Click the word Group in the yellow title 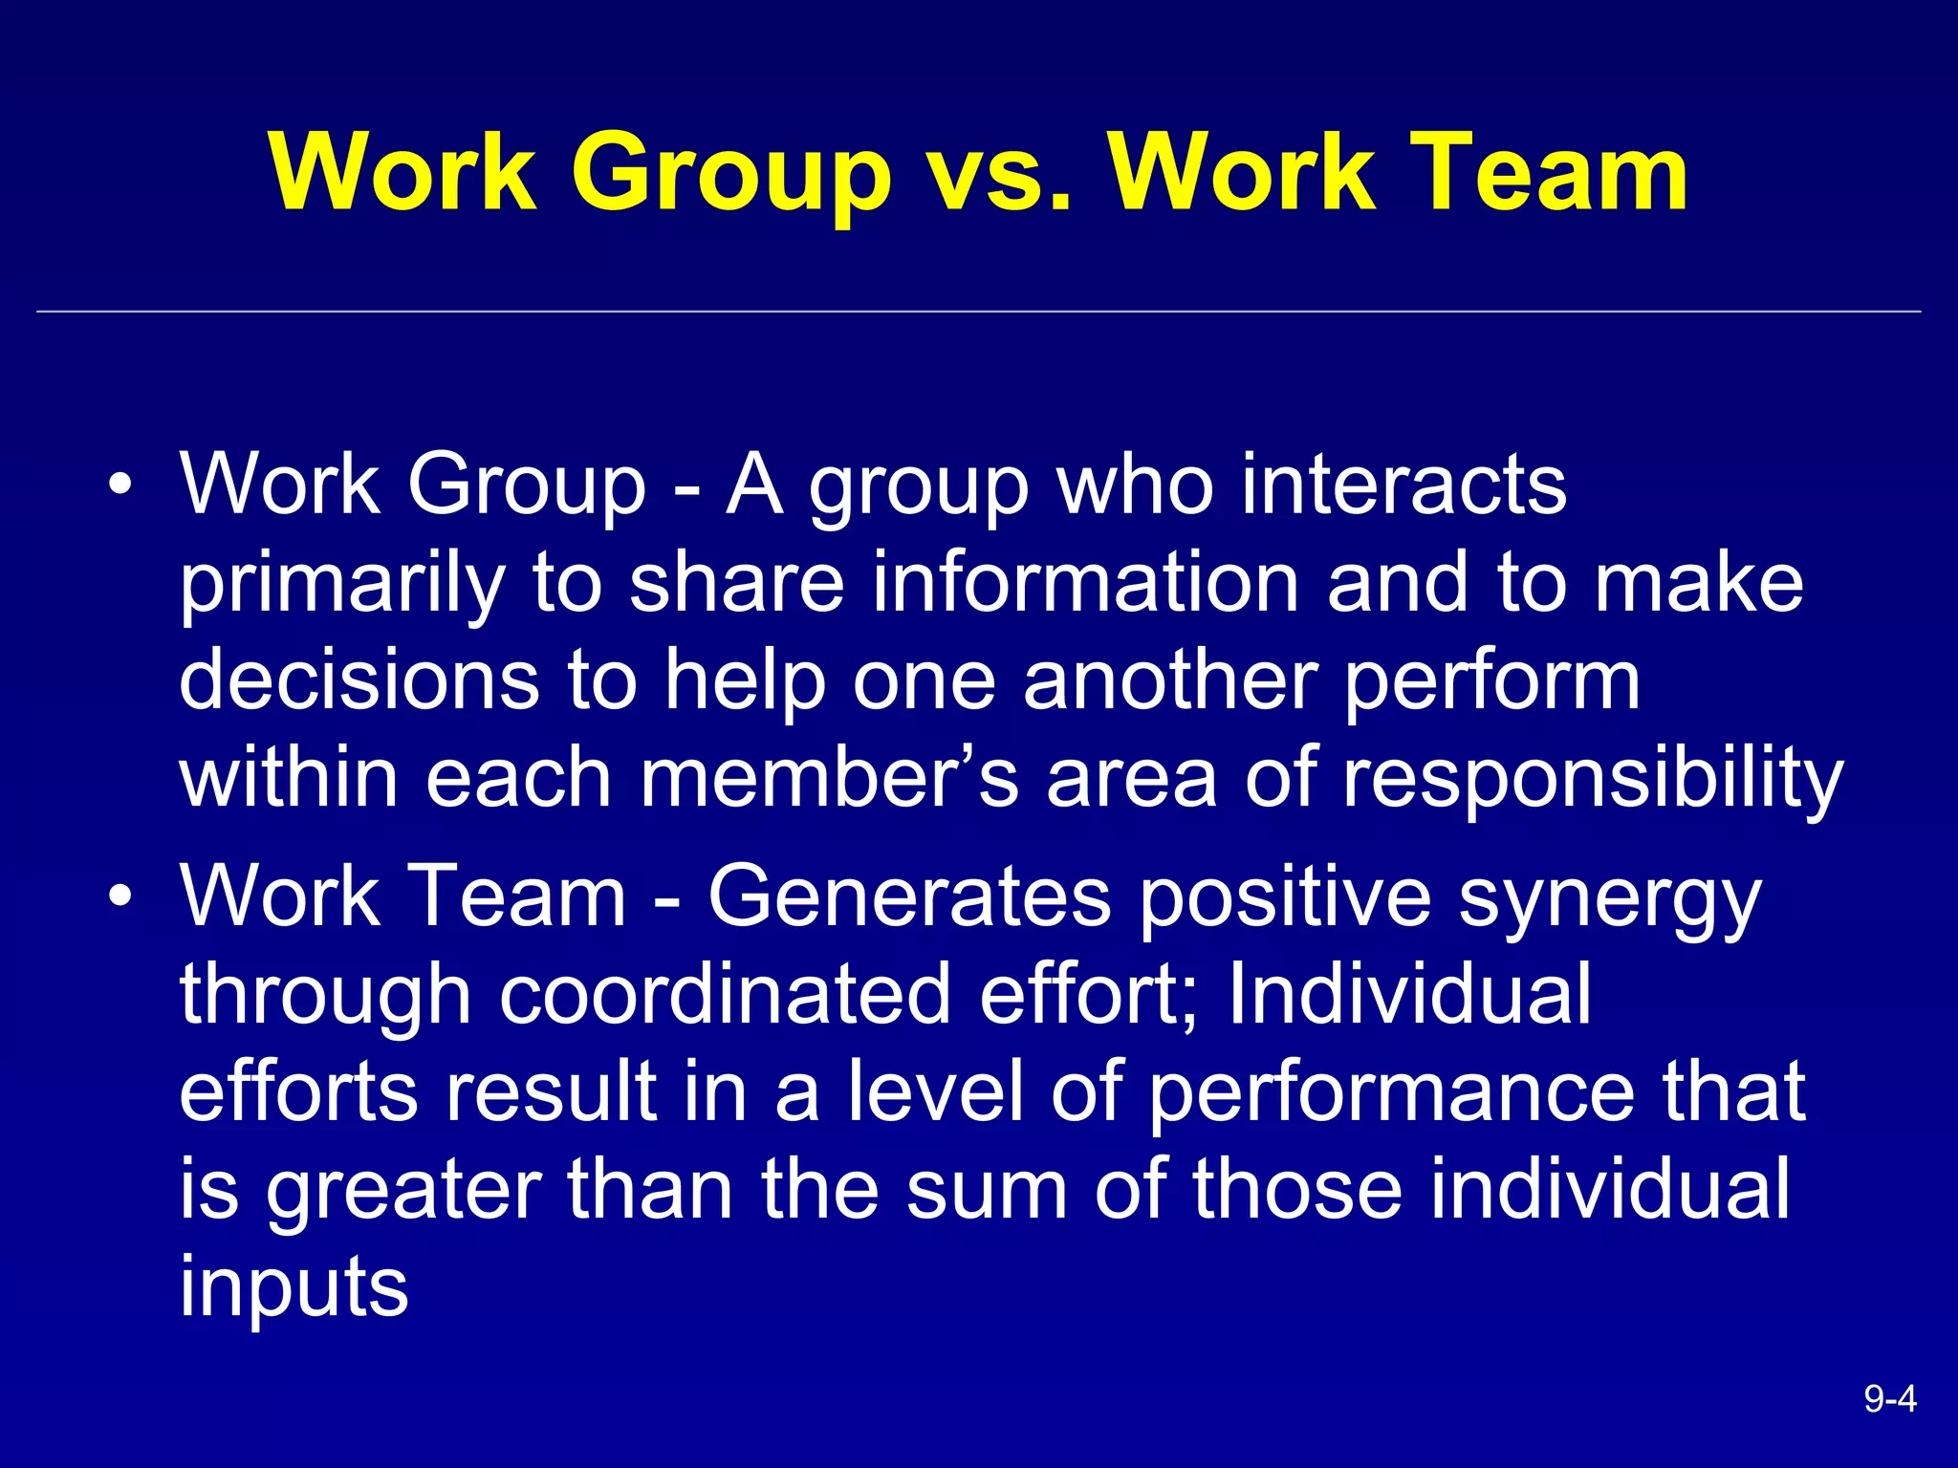click(731, 174)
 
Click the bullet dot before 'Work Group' click(119, 485)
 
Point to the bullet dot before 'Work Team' click(119, 897)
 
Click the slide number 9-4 click(1889, 1399)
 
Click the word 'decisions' click(359, 680)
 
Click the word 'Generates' click(909, 897)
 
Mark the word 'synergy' click(1610, 897)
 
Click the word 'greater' click(403, 1191)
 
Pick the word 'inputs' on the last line click(294, 1288)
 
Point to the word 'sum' click(986, 1191)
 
